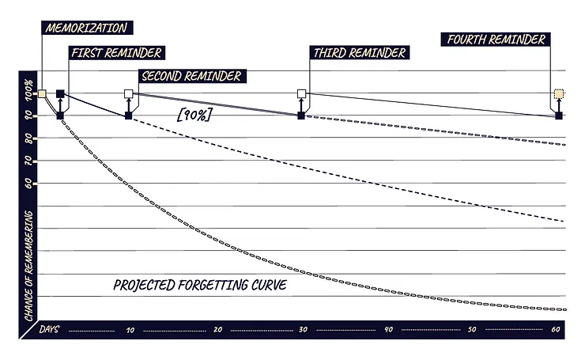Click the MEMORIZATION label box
85,28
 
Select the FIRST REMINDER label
116,53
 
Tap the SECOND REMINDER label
190,77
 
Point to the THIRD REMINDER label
360,53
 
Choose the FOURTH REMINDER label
496,39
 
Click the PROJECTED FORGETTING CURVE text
198,283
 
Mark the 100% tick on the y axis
28,93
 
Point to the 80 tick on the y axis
28,138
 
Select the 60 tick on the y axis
28,184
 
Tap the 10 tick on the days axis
130,330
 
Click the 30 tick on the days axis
302,330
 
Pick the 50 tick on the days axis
473,330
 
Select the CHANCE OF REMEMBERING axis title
28,264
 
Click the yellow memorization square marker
43,94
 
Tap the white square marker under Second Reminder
129,94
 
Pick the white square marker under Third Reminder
301,94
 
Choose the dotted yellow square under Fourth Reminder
559,94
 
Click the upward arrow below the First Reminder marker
60,105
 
